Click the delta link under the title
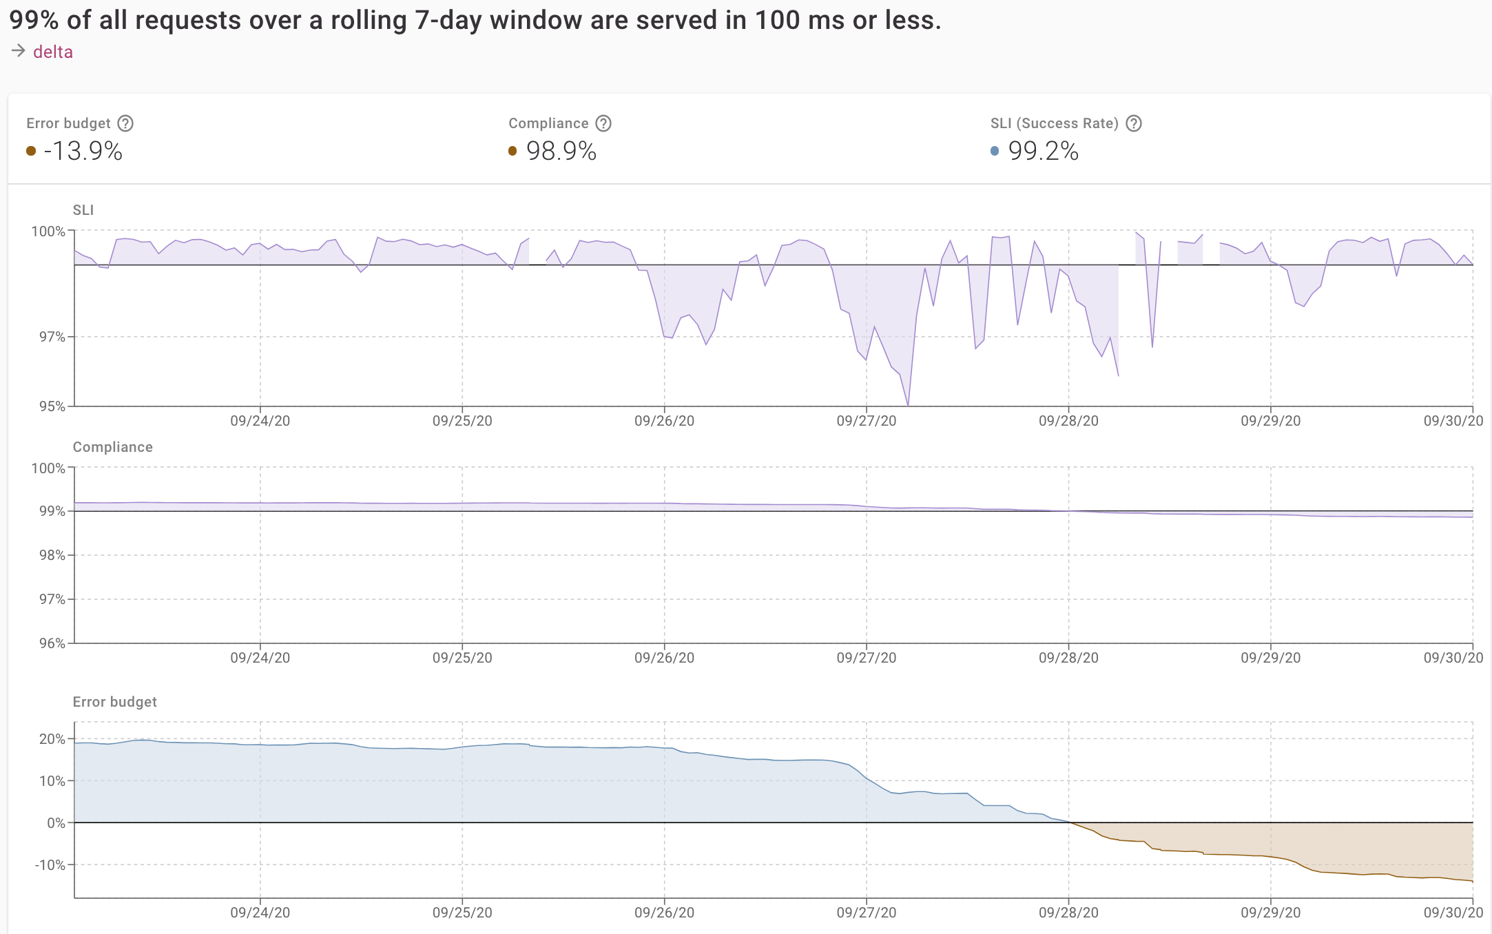pos(52,52)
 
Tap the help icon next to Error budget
pos(125,123)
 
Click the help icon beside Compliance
pos(603,123)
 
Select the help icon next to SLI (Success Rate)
pos(1134,123)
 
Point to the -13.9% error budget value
pos(83,151)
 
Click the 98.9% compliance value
pos(561,151)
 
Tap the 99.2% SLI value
pos(1044,151)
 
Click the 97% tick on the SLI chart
pos(52,337)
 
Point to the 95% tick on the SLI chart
pos(52,406)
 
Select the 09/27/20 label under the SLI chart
pos(867,421)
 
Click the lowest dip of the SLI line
pos(908,405)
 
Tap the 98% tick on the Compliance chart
pos(52,555)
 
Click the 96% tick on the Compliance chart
pos(52,643)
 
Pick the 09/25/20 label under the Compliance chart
pos(462,658)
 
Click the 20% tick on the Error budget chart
pos(52,739)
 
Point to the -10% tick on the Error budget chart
pos(50,865)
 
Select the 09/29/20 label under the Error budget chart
pos(1271,913)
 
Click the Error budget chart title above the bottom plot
pos(115,702)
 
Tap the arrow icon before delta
pos(19,51)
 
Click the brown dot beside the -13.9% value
pos(31,151)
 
